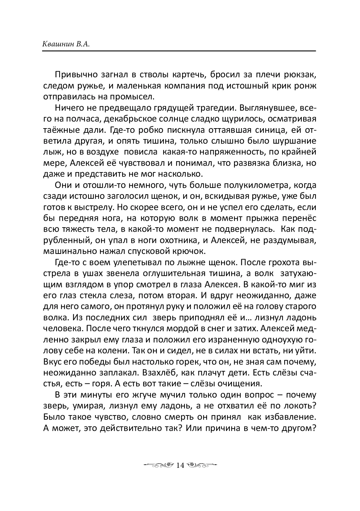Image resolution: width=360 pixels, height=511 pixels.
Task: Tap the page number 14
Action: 180,465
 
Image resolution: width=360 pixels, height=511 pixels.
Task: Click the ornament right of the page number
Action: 202,465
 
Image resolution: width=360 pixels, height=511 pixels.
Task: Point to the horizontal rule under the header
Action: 179,51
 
